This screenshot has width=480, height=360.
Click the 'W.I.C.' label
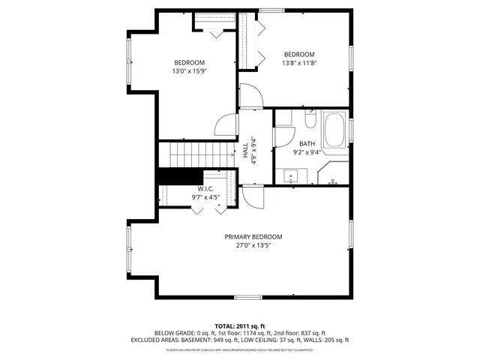[x=207, y=188]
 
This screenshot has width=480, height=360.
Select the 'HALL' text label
[x=245, y=150]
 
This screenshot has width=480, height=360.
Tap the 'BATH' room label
[x=307, y=143]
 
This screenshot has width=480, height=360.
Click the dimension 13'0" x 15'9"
[x=190, y=71]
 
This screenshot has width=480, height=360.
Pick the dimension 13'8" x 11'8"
[x=298, y=63]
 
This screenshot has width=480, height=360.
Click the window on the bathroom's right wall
[x=350, y=128]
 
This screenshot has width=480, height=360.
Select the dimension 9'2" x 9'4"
[x=307, y=152]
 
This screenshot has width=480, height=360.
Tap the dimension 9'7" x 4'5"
[x=207, y=197]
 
